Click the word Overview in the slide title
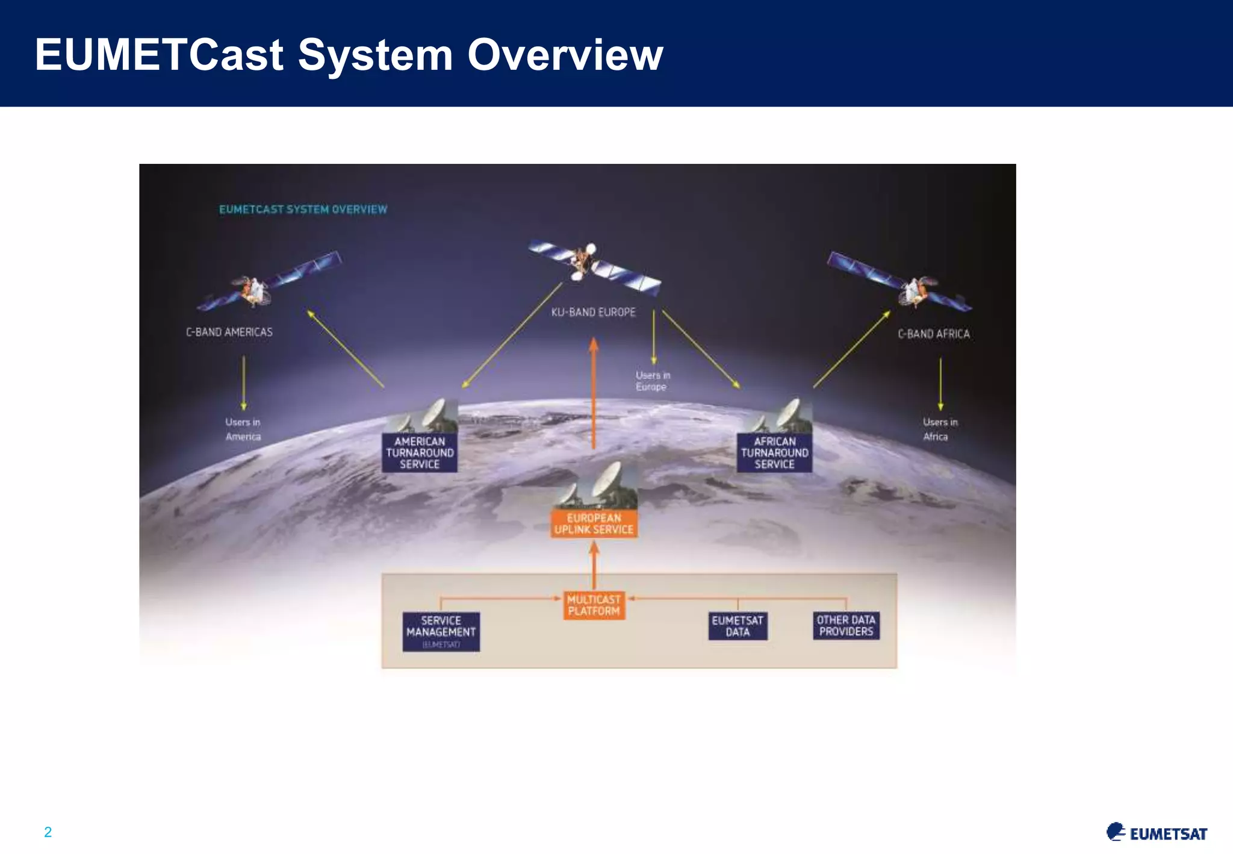click(x=565, y=55)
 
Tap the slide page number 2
click(x=48, y=832)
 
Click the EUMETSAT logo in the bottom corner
click(x=1157, y=832)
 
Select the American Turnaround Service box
click(x=420, y=453)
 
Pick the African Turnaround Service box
click(x=774, y=453)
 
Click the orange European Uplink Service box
click(x=594, y=524)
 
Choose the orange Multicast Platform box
click(x=594, y=605)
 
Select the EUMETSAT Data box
click(x=738, y=626)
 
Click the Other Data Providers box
click(x=846, y=626)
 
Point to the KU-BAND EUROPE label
click(x=594, y=313)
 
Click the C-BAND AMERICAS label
click(x=229, y=332)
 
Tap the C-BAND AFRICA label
click(x=934, y=334)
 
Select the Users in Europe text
click(x=653, y=381)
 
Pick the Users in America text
click(x=243, y=429)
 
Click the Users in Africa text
click(x=939, y=429)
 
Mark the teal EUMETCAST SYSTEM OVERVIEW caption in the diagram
click(x=303, y=210)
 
